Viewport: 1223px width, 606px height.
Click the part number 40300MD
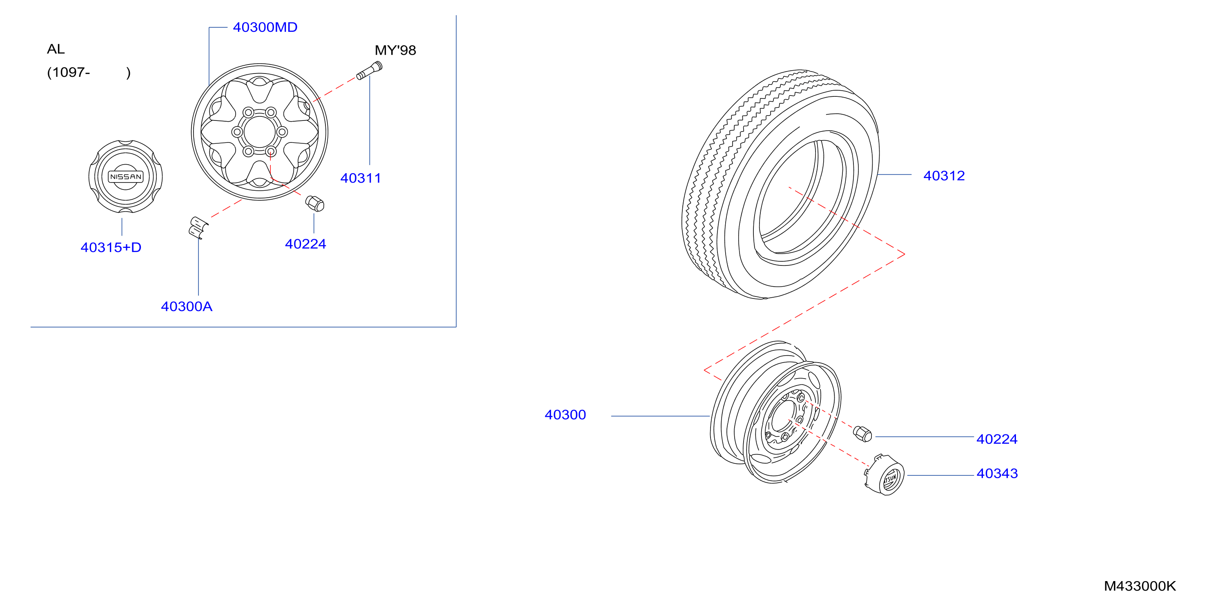coord(265,27)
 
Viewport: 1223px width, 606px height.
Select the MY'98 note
coord(395,50)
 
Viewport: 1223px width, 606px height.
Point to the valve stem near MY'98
coord(370,71)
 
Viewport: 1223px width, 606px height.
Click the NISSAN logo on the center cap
coord(126,177)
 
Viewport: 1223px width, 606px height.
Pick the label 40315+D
coord(111,247)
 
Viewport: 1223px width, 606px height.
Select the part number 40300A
coord(187,306)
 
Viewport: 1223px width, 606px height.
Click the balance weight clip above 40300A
coord(198,227)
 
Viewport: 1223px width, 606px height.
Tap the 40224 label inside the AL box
coord(305,244)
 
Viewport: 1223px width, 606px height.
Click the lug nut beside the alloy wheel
coord(315,203)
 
